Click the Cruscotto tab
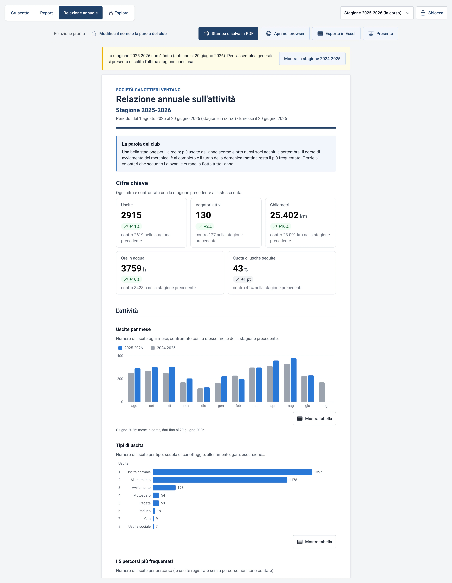[x=20, y=13]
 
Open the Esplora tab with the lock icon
[x=119, y=13]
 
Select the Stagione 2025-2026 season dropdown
[x=377, y=13]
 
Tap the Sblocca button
[x=431, y=13]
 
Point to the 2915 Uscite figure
[x=131, y=215]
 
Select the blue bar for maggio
[x=293, y=380]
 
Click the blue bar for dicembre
[x=207, y=394]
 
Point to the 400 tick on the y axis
[x=120, y=356]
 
